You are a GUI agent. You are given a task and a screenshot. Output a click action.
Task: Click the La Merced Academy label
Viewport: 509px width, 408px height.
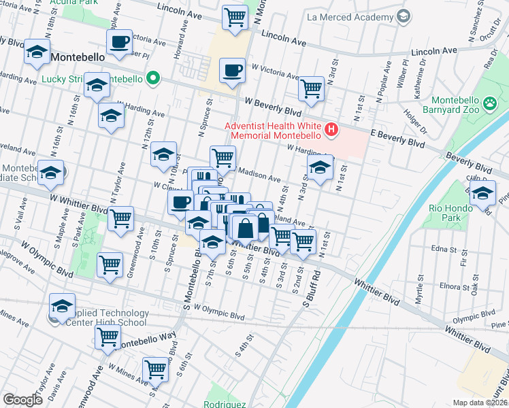pos(350,16)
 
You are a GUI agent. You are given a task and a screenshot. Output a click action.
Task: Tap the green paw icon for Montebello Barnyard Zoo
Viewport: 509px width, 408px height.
pos(489,104)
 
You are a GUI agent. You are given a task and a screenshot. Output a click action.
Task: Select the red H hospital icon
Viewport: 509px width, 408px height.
pos(331,129)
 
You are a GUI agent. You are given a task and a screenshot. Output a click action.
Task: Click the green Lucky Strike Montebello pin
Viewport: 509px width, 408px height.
pos(154,78)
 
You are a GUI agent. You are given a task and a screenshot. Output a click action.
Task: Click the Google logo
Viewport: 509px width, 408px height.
pos(22,400)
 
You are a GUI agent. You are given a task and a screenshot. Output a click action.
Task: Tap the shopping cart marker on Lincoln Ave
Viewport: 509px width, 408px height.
pos(235,17)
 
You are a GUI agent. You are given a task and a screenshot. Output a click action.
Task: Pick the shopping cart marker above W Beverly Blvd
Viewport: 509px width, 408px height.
pos(311,88)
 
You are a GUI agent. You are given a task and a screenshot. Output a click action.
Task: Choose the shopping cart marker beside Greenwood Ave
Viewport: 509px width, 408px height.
pos(120,220)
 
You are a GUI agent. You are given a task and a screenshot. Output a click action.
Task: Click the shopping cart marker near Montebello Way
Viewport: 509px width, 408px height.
pos(108,337)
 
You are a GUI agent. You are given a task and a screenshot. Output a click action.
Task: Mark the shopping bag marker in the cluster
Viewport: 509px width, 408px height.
pos(245,228)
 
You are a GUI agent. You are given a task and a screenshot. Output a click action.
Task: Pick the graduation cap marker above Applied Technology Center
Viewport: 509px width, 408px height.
pos(62,307)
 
